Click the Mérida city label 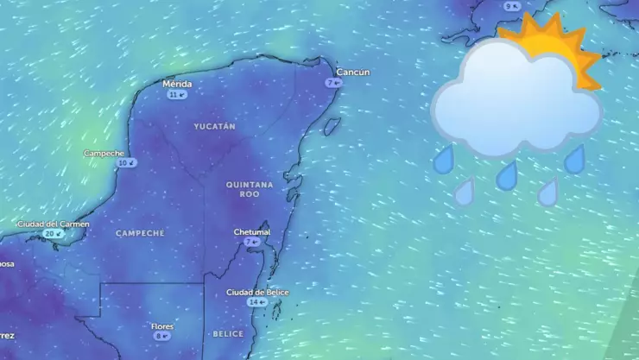coord(177,84)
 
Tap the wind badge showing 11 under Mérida coord(177,94)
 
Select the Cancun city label coord(352,73)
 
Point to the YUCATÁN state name coord(214,126)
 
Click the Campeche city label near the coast coord(104,153)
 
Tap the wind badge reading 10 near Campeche coord(127,162)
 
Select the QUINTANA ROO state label coord(249,189)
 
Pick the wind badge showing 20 coord(53,233)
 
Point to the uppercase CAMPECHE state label coord(139,233)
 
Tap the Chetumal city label coord(252,231)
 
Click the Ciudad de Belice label coord(257,292)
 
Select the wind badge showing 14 coord(256,302)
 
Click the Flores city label coord(162,325)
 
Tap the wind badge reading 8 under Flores coord(161,336)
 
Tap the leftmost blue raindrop coord(444,159)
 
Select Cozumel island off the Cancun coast coord(329,128)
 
